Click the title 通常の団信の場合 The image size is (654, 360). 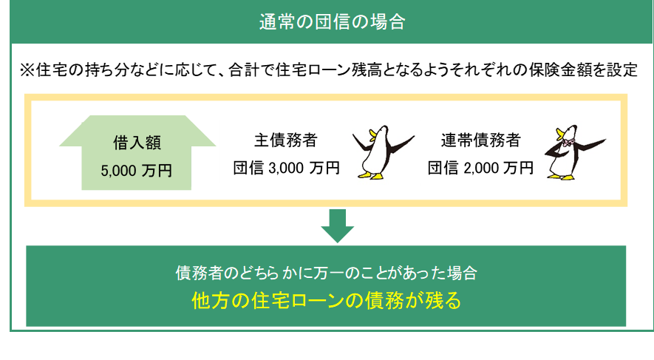click(x=332, y=21)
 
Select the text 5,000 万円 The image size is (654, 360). click(x=136, y=170)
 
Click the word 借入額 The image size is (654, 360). click(x=136, y=140)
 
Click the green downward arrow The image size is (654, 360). click(x=337, y=225)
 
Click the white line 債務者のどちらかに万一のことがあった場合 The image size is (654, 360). click(x=326, y=273)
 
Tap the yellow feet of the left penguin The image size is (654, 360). click(x=370, y=176)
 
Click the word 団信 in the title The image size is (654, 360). click(x=324, y=21)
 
